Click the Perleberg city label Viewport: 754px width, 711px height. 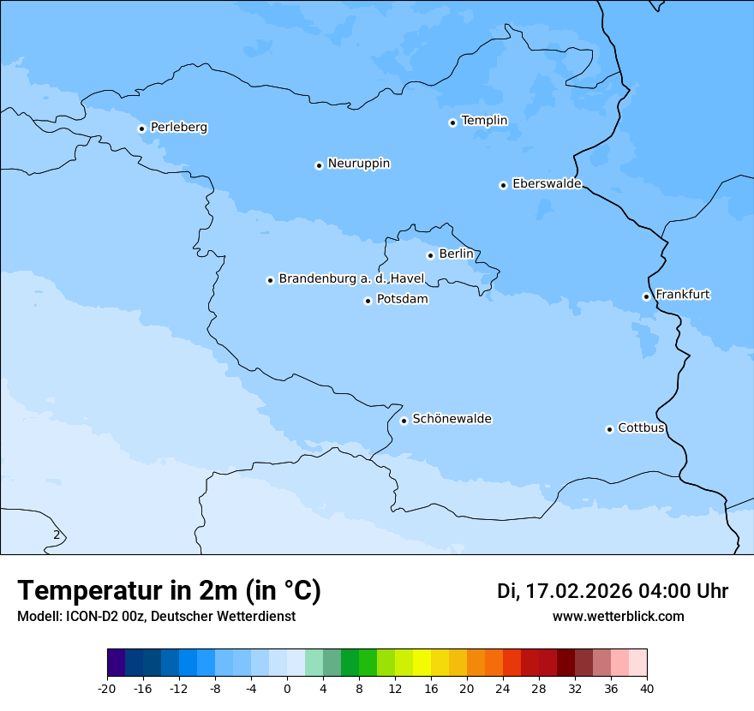(178, 128)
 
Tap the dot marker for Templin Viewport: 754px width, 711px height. (452, 122)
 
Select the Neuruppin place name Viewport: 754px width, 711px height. (358, 164)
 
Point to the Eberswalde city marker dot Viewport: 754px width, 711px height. (503, 185)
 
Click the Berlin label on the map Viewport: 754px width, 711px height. (456, 254)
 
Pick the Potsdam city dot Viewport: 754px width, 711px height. (368, 301)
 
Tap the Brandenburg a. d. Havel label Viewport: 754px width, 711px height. (351, 279)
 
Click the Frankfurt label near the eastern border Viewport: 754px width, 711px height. (682, 295)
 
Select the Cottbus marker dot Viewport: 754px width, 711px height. (609, 429)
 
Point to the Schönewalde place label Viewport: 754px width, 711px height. (452, 419)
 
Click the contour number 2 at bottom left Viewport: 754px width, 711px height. (57, 535)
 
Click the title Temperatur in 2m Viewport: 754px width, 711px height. (169, 591)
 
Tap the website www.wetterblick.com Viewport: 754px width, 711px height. (618, 617)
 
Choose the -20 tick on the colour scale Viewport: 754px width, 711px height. (107, 688)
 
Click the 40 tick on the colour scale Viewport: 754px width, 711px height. (647, 688)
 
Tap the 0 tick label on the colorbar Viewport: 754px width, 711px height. (287, 688)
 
